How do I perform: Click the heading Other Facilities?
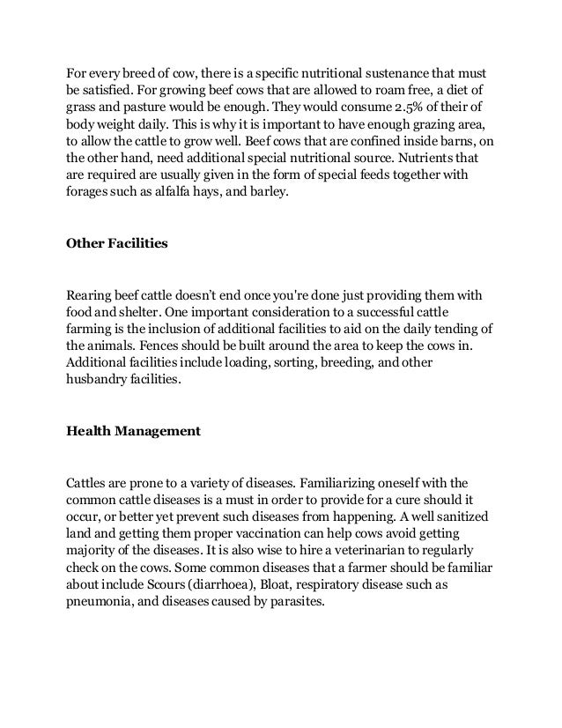(x=117, y=243)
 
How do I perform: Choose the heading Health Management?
(x=134, y=432)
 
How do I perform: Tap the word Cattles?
(x=88, y=483)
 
